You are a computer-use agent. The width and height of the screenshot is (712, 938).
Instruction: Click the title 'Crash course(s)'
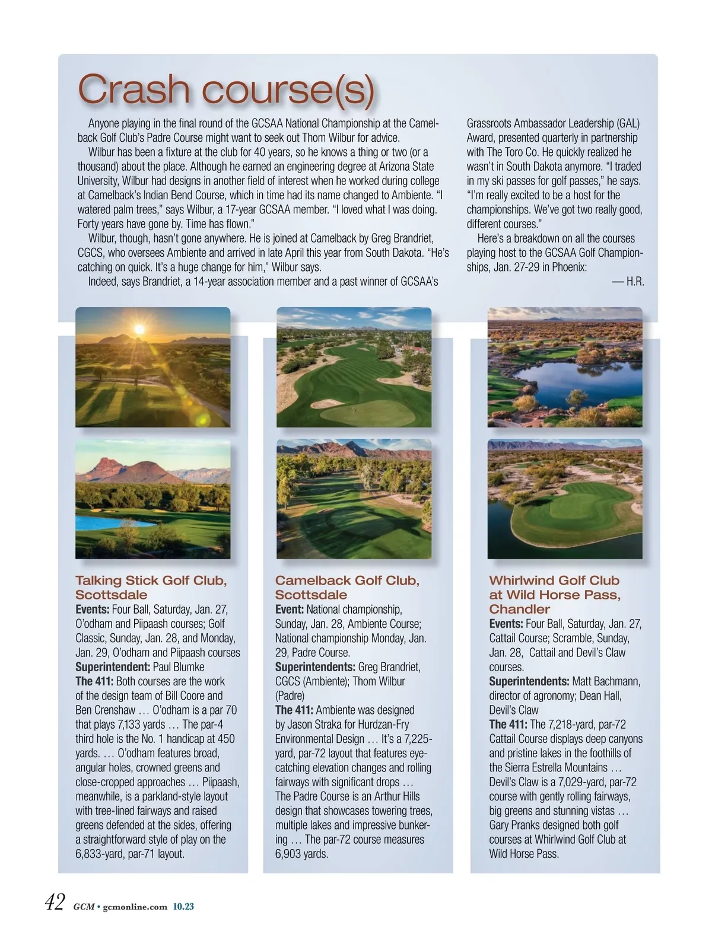[226, 90]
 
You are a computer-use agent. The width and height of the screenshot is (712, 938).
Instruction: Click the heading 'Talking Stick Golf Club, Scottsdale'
[151, 587]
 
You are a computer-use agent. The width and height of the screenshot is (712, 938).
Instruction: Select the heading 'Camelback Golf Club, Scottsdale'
[347, 587]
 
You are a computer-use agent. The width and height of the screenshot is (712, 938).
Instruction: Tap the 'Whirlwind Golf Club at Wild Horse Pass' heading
[554, 594]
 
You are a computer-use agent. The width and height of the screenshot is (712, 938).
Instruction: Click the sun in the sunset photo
[139, 329]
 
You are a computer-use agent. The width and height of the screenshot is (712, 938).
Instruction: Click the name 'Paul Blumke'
[179, 667]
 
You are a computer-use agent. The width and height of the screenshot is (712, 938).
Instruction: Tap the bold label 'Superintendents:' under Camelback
[315, 667]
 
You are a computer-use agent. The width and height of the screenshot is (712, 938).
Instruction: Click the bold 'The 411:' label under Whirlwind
[508, 725]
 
